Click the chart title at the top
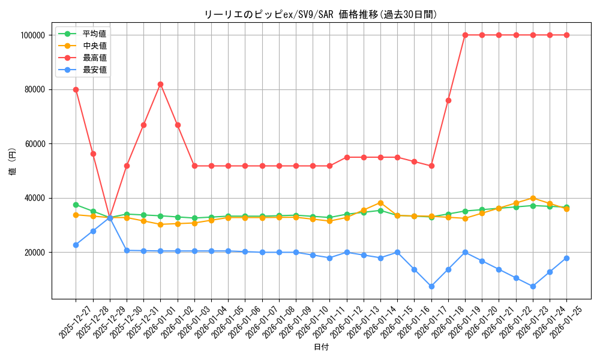[x=321, y=14]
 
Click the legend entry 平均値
[x=94, y=34]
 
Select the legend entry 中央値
[x=94, y=46]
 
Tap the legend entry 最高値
[x=94, y=58]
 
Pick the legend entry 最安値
[x=94, y=70]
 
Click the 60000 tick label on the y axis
[x=34, y=144]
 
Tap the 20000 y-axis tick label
[x=34, y=253]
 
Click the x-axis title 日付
[x=321, y=347]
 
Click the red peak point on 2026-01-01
[x=160, y=84]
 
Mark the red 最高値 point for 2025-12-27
[x=76, y=89]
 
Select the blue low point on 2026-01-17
[x=431, y=286]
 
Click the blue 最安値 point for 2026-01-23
[x=533, y=286]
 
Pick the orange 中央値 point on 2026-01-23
[x=533, y=198]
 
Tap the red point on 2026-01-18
[x=448, y=100]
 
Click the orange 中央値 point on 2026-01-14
[x=380, y=203]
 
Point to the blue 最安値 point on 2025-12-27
[x=76, y=245]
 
